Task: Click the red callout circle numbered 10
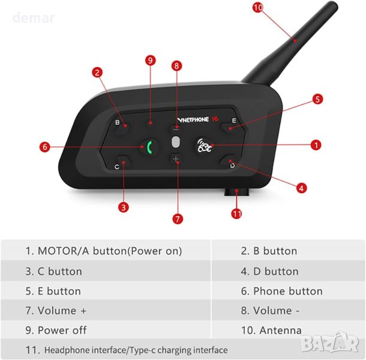[x=258, y=8]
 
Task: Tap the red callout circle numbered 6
[x=45, y=147]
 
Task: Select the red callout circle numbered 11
[x=236, y=214]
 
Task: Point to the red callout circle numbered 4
[x=301, y=188]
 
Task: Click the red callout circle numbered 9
[x=151, y=61]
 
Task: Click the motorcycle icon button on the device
[x=204, y=146]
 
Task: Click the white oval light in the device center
[x=176, y=142]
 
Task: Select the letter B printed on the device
[x=118, y=122]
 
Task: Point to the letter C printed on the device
[x=117, y=167]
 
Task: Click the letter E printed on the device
[x=234, y=121]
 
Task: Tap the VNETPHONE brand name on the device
[x=193, y=120]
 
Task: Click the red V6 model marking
[x=215, y=119]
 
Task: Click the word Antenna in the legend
[x=280, y=331]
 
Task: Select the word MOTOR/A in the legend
[x=64, y=251]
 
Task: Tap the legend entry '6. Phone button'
[x=282, y=291]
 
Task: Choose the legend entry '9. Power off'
[x=56, y=330]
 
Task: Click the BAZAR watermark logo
[x=329, y=343]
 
